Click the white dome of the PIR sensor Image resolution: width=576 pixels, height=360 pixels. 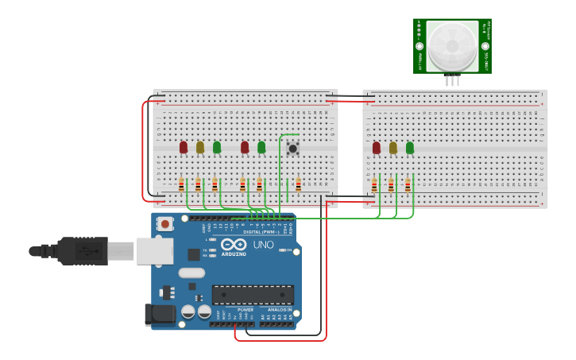pyautogui.click(x=452, y=45)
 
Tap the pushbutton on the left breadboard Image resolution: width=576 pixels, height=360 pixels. pyautogui.click(x=292, y=149)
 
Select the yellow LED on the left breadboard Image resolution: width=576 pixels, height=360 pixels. pyautogui.click(x=200, y=147)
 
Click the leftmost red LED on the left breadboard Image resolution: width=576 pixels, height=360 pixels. pyautogui.click(x=184, y=147)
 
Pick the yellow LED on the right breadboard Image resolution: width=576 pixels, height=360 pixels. pyautogui.click(x=393, y=148)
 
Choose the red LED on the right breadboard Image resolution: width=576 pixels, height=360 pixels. pyautogui.click(x=377, y=148)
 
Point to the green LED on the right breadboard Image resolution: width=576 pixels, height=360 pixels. pyautogui.click(x=410, y=148)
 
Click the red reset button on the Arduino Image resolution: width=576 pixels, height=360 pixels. pyautogui.click(x=164, y=224)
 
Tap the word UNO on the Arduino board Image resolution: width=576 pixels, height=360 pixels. pyautogui.click(x=263, y=245)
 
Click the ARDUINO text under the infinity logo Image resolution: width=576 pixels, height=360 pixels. pyautogui.click(x=234, y=254)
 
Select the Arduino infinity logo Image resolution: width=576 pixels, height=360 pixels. pyautogui.click(x=234, y=245)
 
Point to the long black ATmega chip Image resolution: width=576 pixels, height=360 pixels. pyautogui.click(x=253, y=294)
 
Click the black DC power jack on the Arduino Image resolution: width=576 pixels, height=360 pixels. pyautogui.click(x=160, y=315)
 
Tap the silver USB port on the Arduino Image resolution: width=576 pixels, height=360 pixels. pyautogui.click(x=154, y=251)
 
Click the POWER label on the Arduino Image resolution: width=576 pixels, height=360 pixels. pyautogui.click(x=234, y=310)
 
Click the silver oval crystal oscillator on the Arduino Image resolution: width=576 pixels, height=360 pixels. pyautogui.click(x=191, y=273)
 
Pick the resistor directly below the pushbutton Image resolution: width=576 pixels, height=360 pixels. pyautogui.click(x=298, y=184)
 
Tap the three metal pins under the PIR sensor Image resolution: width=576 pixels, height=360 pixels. pyautogui.click(x=452, y=80)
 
